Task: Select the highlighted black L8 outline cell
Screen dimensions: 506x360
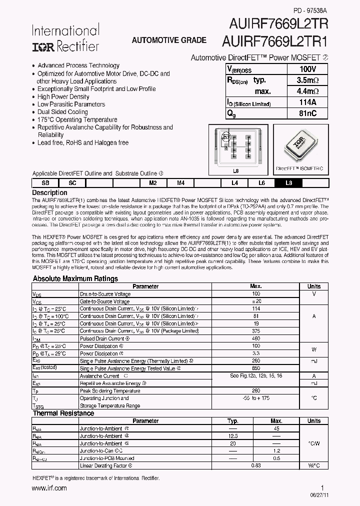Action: click(x=288, y=183)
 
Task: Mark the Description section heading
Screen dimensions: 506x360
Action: click(x=49, y=192)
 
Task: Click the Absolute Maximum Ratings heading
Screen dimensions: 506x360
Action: click(x=75, y=279)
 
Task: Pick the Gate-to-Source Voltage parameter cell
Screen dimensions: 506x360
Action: click(x=104, y=301)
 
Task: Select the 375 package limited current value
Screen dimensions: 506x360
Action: click(x=255, y=331)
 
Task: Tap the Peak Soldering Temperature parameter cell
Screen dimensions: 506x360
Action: click(x=110, y=390)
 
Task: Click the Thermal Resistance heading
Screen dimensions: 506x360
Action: click(x=62, y=413)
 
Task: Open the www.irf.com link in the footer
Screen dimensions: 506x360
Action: click(x=49, y=488)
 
